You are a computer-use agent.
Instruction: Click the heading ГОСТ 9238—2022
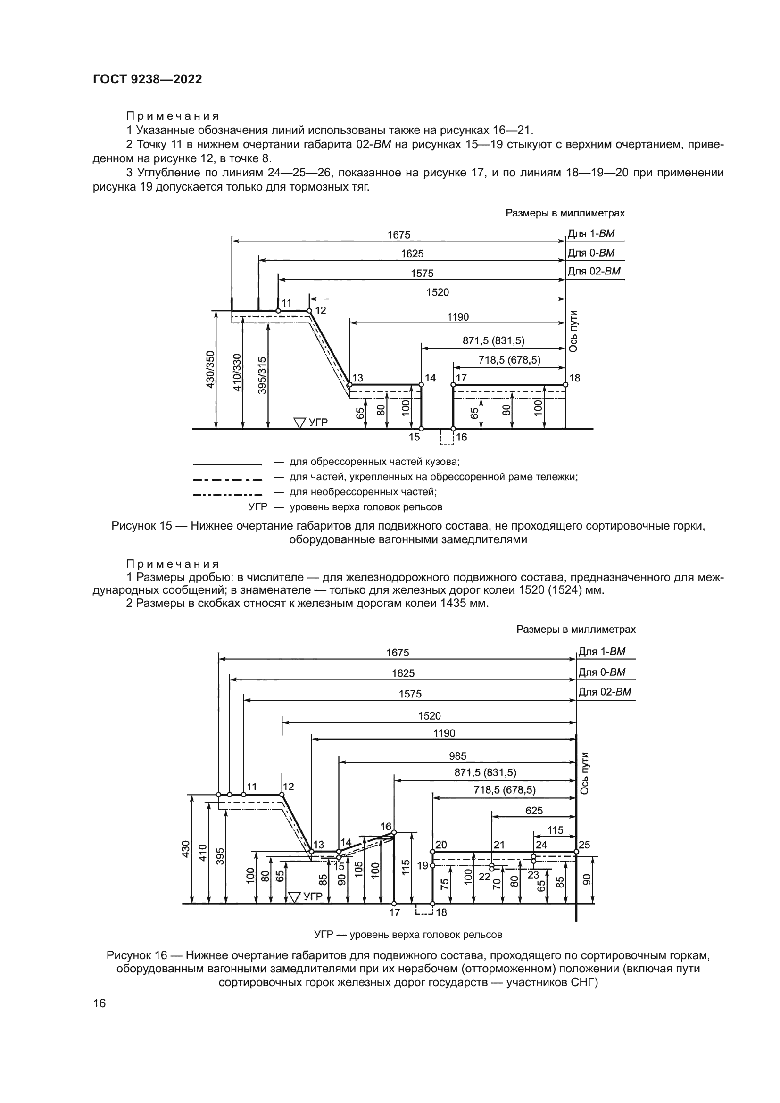pos(148,80)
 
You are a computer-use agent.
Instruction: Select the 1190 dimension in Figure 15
pos(457,317)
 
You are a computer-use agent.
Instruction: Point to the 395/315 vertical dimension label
pos(262,375)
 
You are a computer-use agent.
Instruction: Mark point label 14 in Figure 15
pos(430,378)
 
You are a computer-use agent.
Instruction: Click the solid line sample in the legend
pos(227,464)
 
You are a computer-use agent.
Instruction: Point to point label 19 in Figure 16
pos(422,866)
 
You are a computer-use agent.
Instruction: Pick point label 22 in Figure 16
pos(484,876)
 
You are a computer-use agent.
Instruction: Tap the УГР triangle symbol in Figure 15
pos(300,423)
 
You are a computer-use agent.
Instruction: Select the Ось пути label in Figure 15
pos(573,331)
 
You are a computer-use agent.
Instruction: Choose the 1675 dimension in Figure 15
pos(398,235)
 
